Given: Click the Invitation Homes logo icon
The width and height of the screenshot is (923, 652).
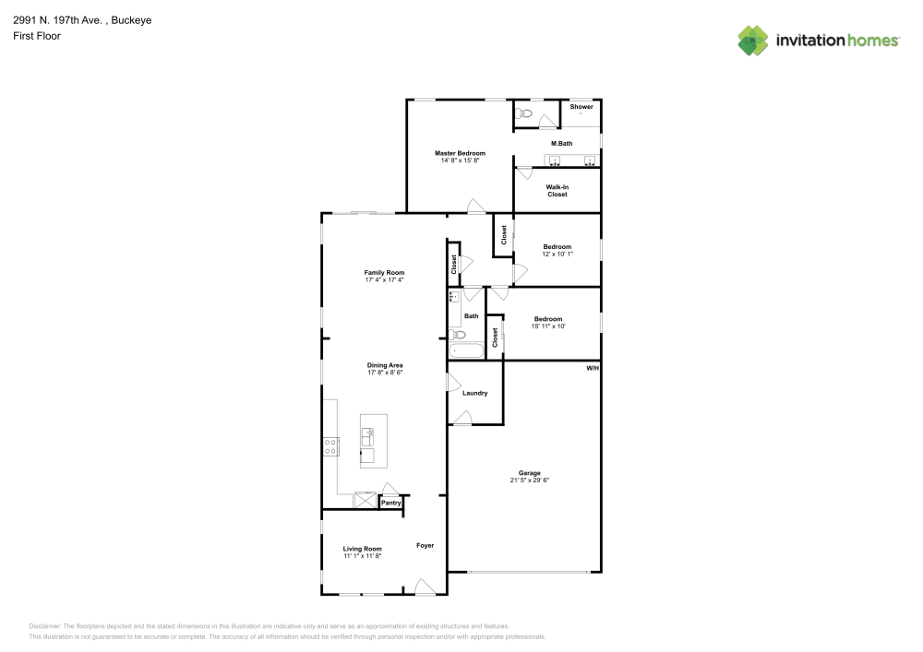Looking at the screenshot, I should (x=753, y=41).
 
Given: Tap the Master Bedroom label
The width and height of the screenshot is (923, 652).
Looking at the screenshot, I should (x=460, y=153).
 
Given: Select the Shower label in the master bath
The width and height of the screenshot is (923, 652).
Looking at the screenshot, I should (x=581, y=107).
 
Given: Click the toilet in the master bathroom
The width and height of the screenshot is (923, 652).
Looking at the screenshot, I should (x=525, y=114).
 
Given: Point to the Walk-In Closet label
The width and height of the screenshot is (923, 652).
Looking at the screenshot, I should (x=557, y=191).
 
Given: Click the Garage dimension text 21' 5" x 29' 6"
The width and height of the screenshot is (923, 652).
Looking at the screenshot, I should (x=530, y=480).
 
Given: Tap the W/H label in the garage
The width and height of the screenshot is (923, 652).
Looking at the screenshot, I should (x=593, y=368).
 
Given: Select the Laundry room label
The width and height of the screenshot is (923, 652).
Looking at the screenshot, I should (x=474, y=394).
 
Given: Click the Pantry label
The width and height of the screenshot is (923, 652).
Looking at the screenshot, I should (x=391, y=504).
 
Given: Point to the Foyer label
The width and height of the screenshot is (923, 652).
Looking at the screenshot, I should (x=425, y=545).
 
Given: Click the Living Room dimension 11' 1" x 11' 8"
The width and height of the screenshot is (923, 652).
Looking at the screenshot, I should (x=363, y=556).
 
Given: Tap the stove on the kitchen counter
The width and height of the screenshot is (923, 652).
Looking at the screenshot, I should (x=330, y=447).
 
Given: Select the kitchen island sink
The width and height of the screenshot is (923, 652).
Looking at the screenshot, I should (x=368, y=433).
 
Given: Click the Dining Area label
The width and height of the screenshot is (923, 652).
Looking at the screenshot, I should (x=385, y=365).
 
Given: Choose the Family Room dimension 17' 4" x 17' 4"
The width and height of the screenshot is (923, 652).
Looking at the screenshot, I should (x=385, y=280).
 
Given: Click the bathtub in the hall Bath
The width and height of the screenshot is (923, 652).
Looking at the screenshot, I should (x=466, y=350).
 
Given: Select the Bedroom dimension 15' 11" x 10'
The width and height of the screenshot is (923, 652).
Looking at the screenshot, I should (x=548, y=326).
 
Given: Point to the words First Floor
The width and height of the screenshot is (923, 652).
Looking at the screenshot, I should (x=37, y=36).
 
